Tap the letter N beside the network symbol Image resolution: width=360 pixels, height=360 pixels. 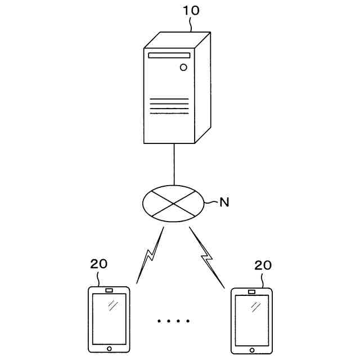coord(224,202)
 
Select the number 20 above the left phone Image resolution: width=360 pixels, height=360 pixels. coord(98,263)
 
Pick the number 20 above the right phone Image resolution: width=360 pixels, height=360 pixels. coord(263,265)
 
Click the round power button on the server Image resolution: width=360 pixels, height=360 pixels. coord(183,68)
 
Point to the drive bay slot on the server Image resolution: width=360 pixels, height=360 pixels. coord(169,55)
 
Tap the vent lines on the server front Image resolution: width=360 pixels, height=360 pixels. coord(169,106)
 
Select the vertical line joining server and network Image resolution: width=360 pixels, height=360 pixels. coord(174,164)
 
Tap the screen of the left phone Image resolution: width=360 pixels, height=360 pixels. coord(110,319)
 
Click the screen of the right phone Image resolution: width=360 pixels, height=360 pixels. coord(251,321)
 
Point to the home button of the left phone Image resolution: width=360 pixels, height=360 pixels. coord(110,349)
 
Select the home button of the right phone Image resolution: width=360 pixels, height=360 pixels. coord(251,350)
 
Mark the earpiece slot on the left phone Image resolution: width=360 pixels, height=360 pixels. coord(110,290)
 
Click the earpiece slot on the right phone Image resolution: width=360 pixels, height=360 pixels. coord(251,292)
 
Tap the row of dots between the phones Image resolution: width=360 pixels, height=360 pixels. coord(174,321)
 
